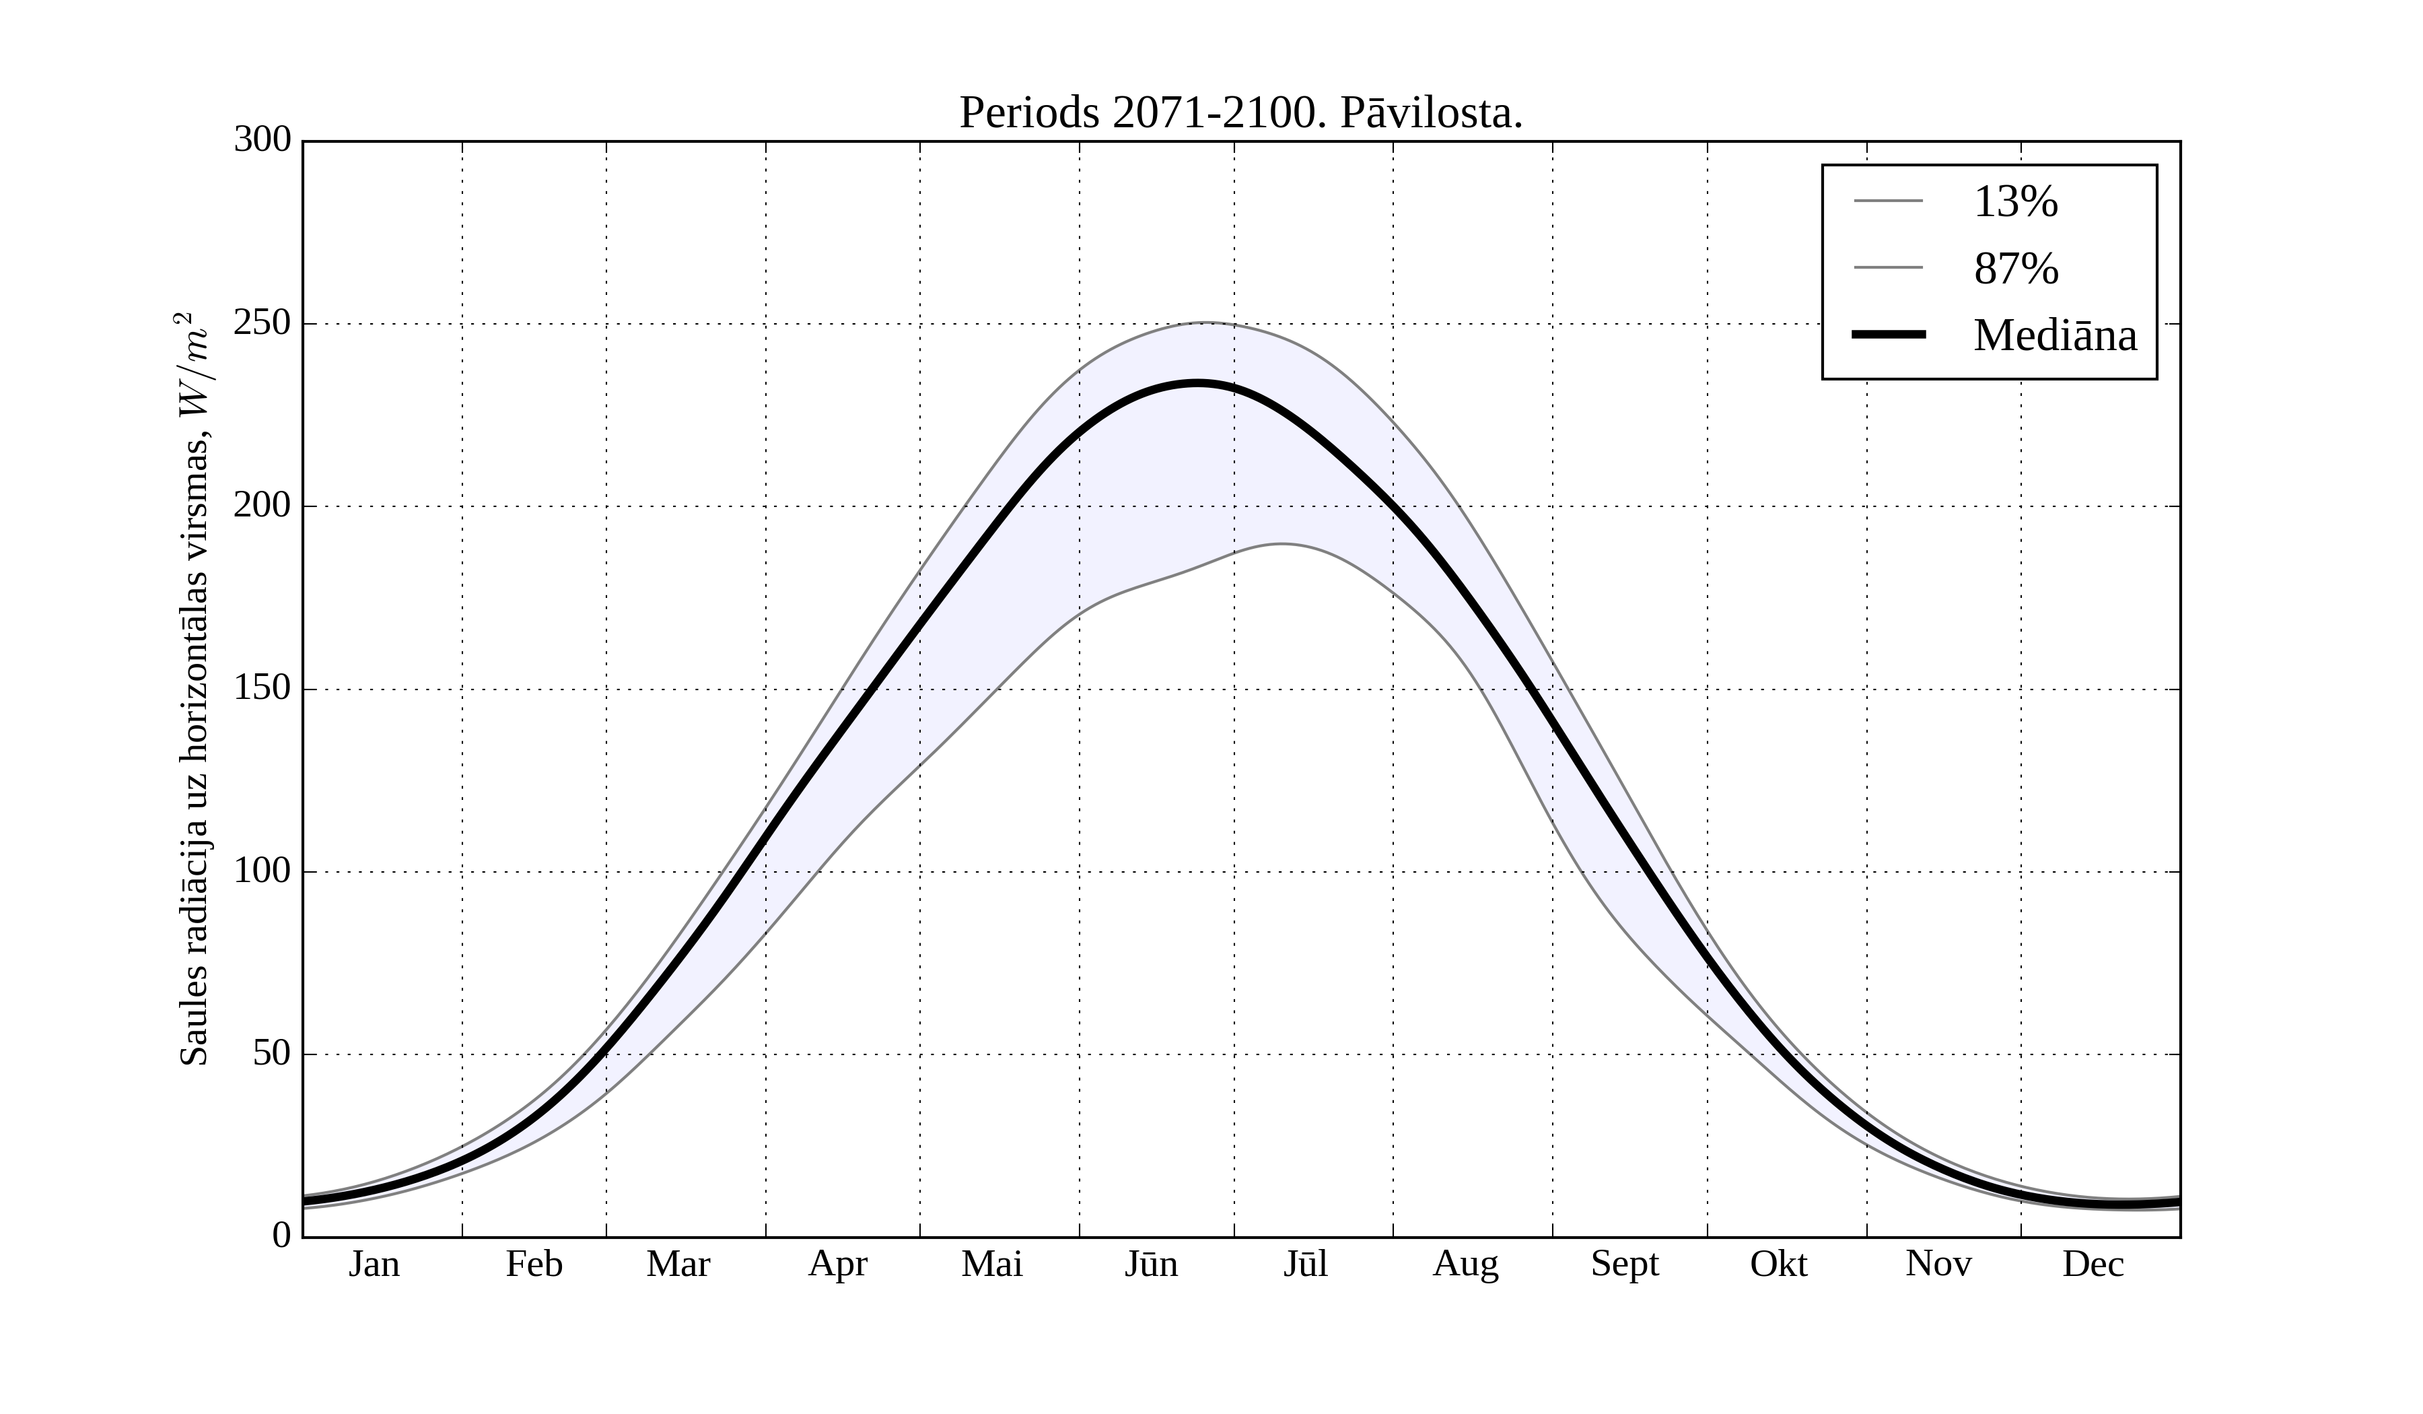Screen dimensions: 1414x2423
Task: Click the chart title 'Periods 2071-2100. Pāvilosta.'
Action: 1240,114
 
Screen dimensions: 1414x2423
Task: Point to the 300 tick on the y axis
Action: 262,141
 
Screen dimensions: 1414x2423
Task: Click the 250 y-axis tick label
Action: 262,324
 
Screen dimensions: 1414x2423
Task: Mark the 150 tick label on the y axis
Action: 262,689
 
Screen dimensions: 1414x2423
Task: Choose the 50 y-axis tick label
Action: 272,1054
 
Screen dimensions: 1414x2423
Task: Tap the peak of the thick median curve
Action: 1197,383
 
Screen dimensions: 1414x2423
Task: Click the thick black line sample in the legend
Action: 1889,335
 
